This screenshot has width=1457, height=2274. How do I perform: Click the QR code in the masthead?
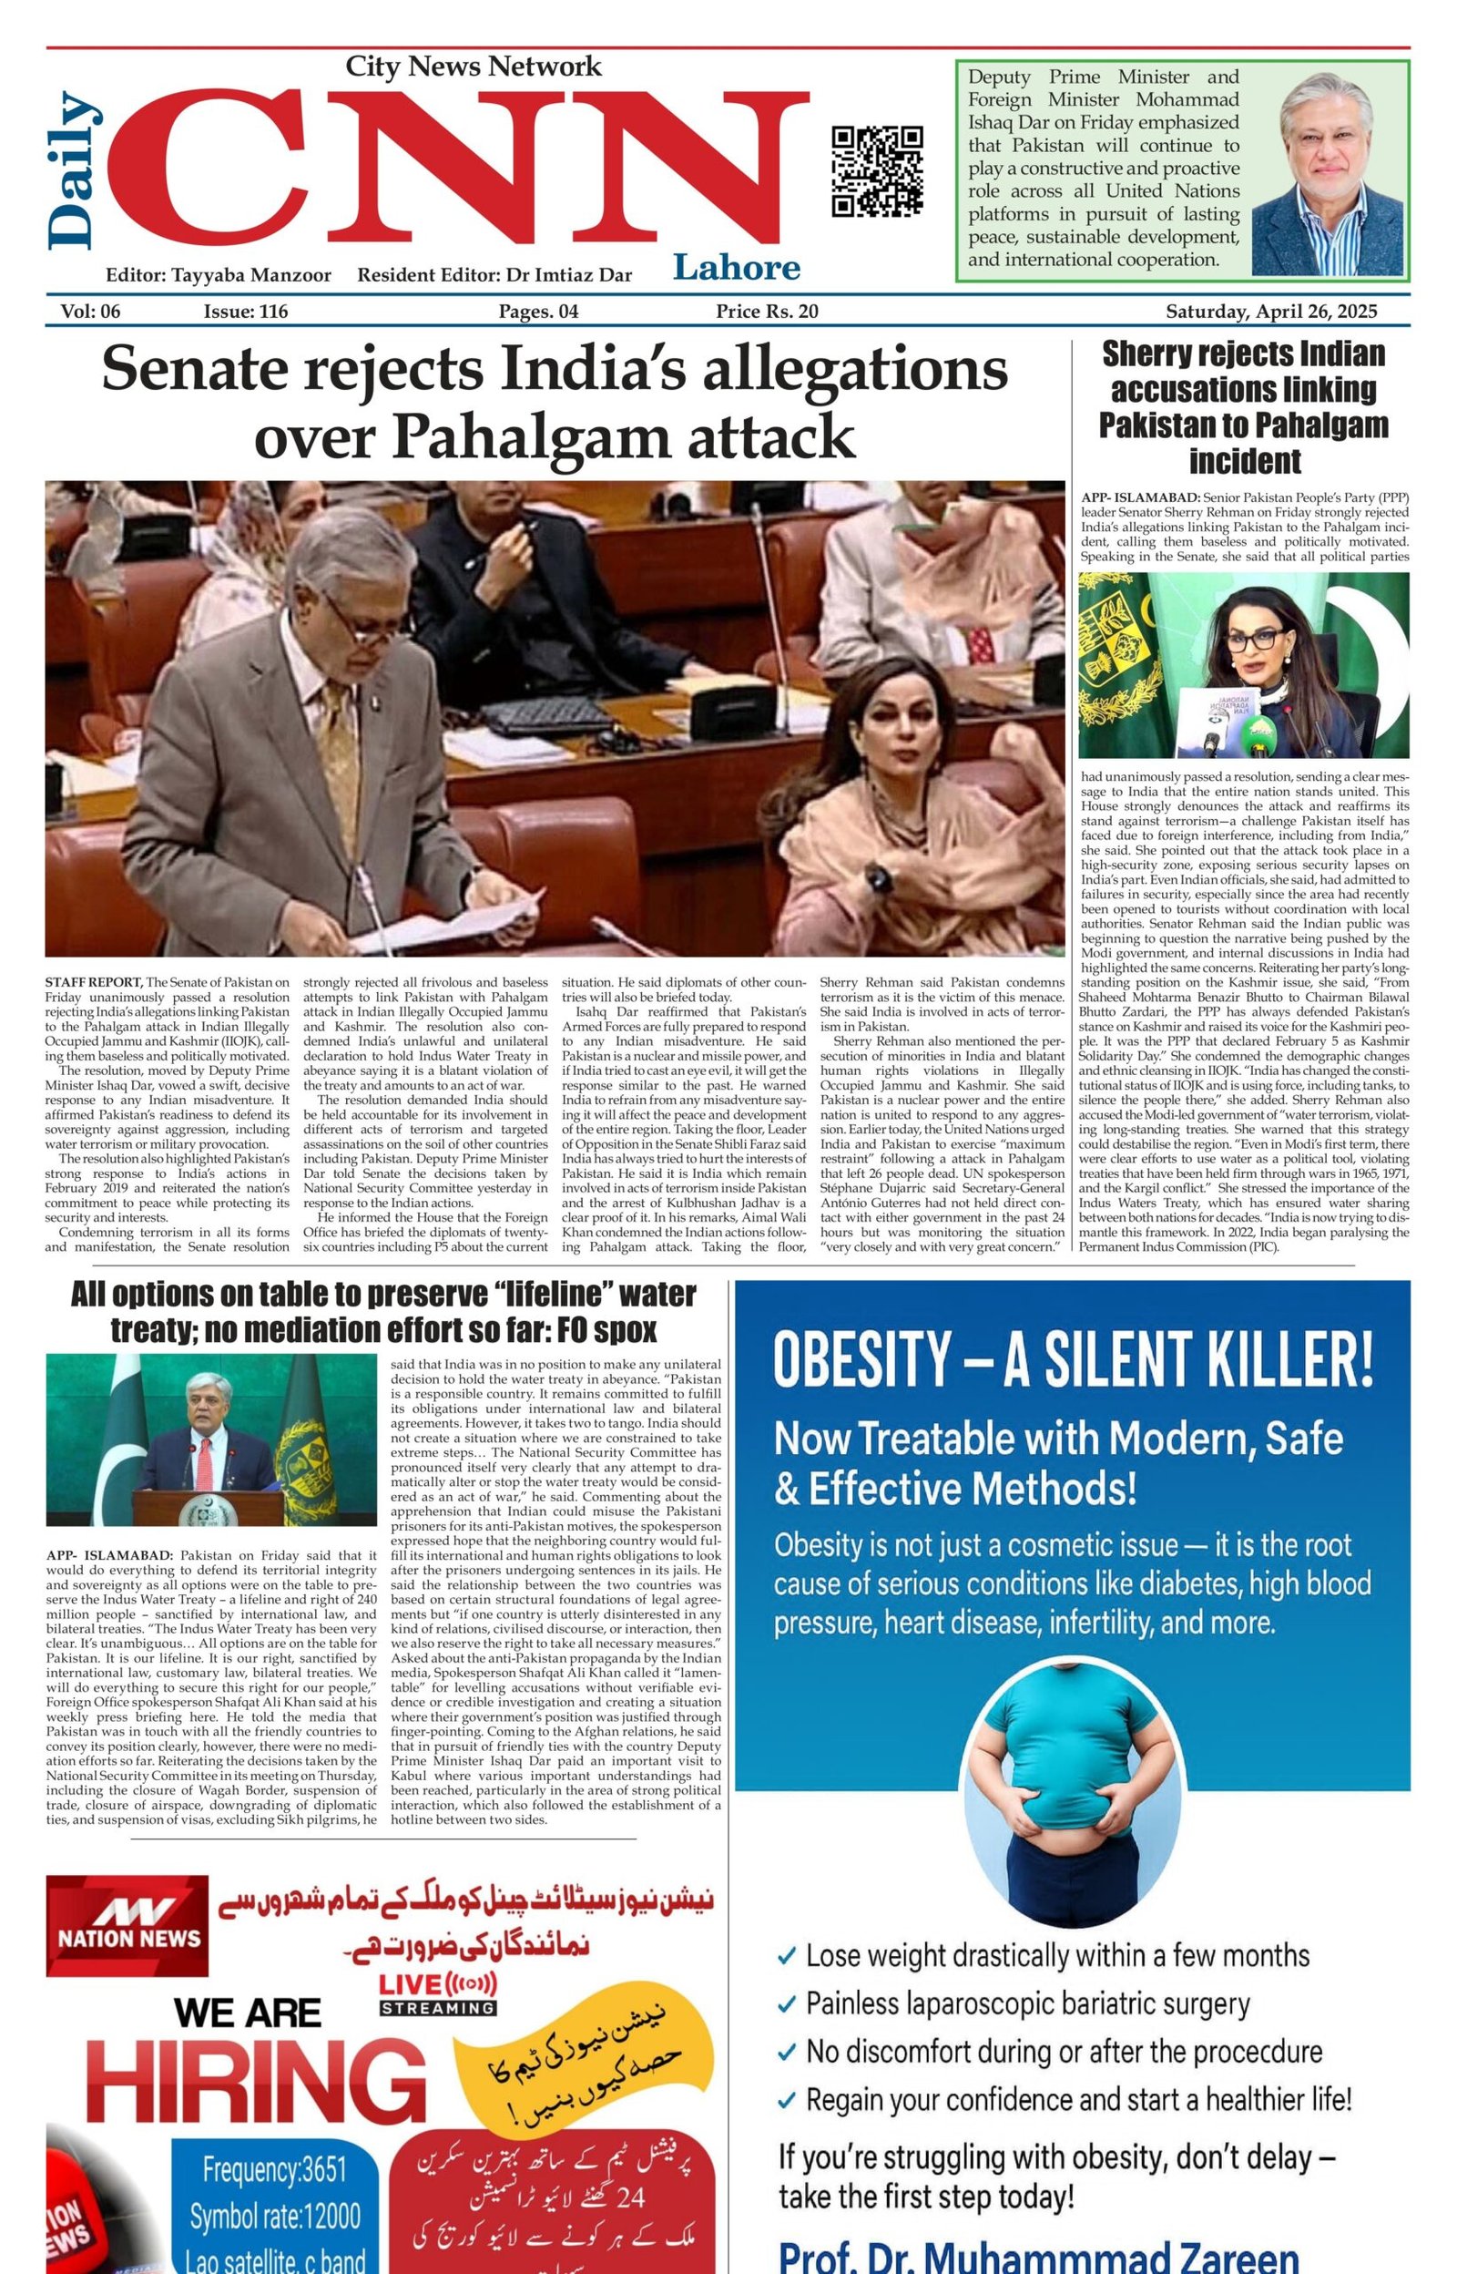pyautogui.click(x=877, y=171)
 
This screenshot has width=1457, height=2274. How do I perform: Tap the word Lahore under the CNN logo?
pyautogui.click(x=736, y=268)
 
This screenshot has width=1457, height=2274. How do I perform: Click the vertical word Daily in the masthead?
pyautogui.click(x=72, y=170)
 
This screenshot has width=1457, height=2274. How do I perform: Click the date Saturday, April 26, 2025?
pyautogui.click(x=1270, y=312)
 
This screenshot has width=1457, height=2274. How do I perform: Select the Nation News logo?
pyautogui.click(x=127, y=1925)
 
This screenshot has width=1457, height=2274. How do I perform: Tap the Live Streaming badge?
pyautogui.click(x=437, y=1994)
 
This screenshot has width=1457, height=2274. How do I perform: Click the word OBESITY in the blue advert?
pyautogui.click(x=861, y=1359)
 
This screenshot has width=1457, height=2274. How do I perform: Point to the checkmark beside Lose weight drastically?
pyautogui.click(x=786, y=1956)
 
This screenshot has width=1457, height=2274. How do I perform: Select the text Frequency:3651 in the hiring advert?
pyautogui.click(x=274, y=2168)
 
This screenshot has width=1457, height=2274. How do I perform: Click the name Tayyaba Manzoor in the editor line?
pyautogui.click(x=250, y=275)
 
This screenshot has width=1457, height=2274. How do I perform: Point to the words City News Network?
pyautogui.click(x=473, y=67)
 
